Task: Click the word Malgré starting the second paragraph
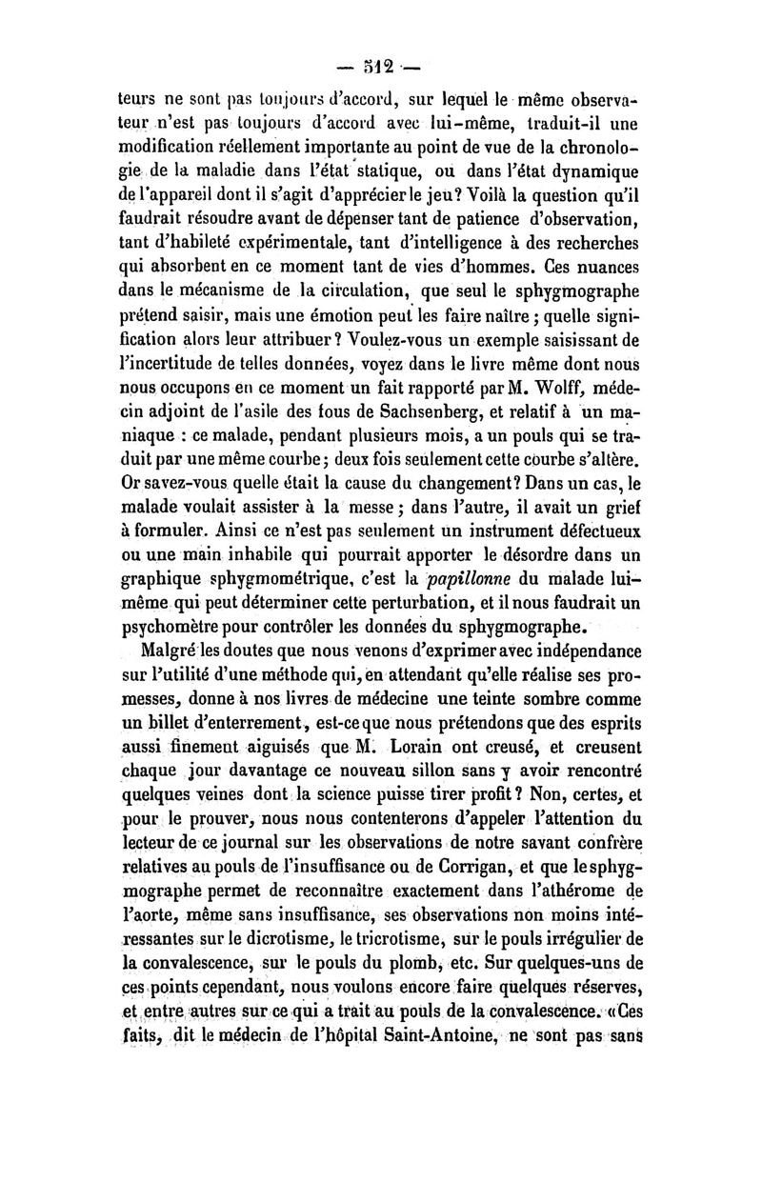[x=169, y=651]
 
